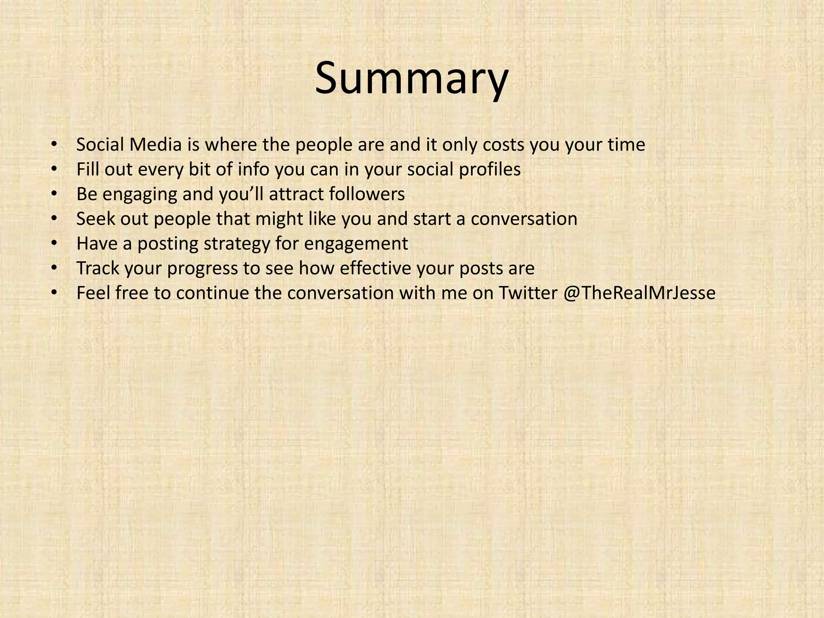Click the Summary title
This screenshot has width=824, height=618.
(x=411, y=78)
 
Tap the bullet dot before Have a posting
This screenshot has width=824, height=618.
(x=54, y=244)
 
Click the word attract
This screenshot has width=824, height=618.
(x=296, y=194)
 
